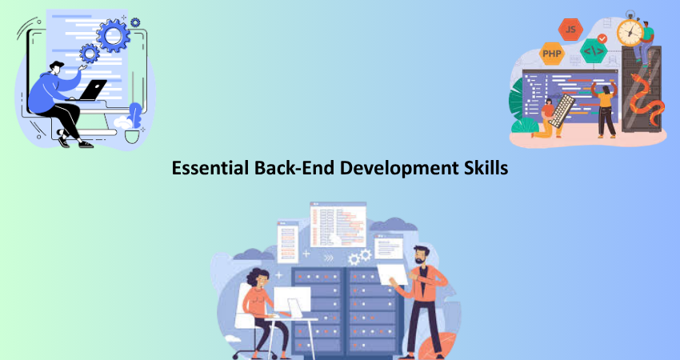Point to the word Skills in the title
click(488, 168)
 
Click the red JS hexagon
click(570, 30)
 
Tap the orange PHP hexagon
click(552, 54)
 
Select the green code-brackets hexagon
click(594, 50)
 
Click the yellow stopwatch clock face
click(630, 32)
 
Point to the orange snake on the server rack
click(647, 100)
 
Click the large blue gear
click(113, 35)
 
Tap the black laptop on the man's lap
click(92, 90)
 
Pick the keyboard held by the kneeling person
click(562, 111)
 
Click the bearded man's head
click(420, 255)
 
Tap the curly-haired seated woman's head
click(258, 278)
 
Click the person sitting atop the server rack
click(643, 42)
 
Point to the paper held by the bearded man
click(392, 274)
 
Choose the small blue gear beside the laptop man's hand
click(90, 54)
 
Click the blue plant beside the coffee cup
click(135, 115)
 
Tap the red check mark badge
click(602, 38)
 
